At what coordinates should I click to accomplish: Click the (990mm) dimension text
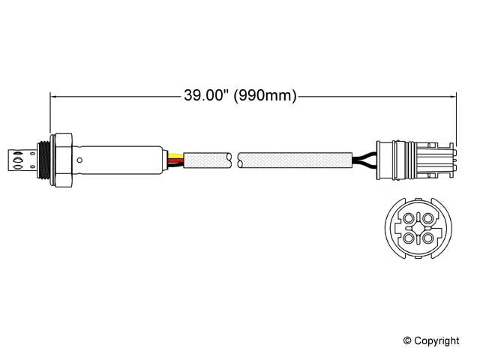point(265,95)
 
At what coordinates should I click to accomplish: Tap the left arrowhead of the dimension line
point(54,95)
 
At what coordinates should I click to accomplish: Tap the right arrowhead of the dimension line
point(452,95)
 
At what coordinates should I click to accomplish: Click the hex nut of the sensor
point(64,159)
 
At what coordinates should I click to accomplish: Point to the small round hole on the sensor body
point(79,159)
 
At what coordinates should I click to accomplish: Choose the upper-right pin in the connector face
point(428,218)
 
